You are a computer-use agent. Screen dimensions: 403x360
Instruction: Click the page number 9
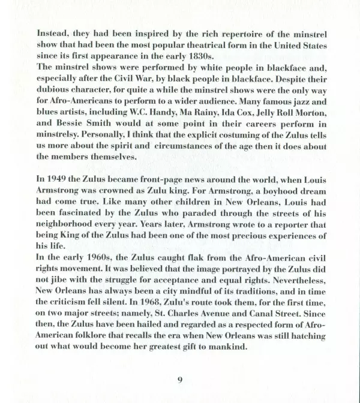(x=180, y=380)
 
